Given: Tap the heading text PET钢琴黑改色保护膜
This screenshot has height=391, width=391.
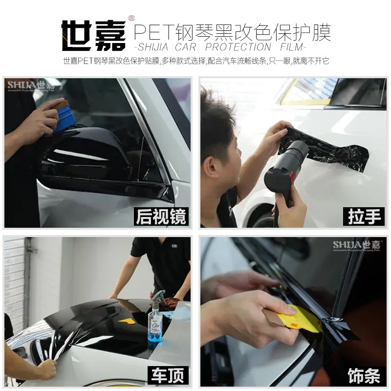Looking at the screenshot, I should click(232, 32).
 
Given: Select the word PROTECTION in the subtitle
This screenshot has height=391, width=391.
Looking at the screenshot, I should click(238, 47).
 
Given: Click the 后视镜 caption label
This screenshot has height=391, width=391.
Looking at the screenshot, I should click(161, 217).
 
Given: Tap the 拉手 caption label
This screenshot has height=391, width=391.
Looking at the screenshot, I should click(366, 217).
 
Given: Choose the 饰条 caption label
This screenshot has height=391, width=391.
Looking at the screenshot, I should click(364, 375).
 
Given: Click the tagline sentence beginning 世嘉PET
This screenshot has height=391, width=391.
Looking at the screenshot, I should click(195, 62).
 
